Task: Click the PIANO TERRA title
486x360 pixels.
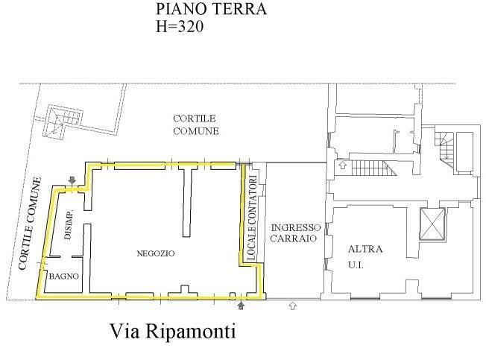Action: tap(211, 9)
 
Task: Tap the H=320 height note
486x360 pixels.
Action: tap(180, 26)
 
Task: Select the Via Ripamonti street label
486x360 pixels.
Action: tap(173, 331)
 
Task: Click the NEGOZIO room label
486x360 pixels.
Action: tap(156, 253)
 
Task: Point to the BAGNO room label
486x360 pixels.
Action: tap(64, 276)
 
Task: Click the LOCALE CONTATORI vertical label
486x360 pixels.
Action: tap(252, 218)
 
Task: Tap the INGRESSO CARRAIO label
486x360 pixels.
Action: tap(295, 233)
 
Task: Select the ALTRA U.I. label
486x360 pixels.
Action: tap(364, 257)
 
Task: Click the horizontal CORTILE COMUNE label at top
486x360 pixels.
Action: tap(196, 124)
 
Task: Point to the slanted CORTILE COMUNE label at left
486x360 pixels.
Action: tap(30, 223)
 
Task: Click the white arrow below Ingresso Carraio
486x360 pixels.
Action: tap(292, 306)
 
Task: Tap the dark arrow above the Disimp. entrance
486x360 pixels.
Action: tap(72, 180)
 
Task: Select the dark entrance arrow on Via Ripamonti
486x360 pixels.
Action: tap(242, 306)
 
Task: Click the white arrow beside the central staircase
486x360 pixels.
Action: tap(342, 165)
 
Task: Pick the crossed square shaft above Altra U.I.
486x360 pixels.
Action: tap(432, 224)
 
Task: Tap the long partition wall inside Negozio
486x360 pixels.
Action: tap(186, 203)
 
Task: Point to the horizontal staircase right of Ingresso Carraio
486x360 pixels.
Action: tap(373, 168)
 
